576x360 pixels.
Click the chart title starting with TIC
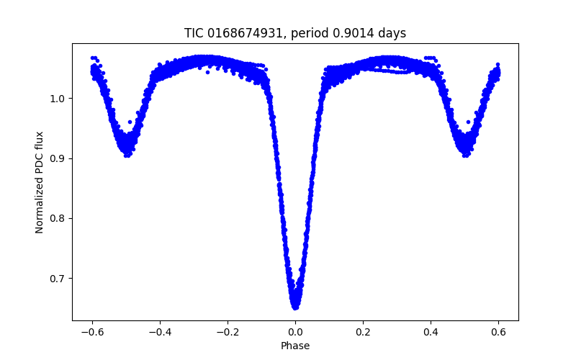(x=295, y=33)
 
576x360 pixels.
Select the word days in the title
(x=392, y=33)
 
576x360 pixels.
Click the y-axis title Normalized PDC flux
(x=40, y=182)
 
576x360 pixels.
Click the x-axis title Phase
(x=295, y=346)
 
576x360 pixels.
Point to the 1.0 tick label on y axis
(x=58, y=99)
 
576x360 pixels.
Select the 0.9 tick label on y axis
(x=58, y=158)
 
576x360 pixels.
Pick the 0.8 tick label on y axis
(x=58, y=219)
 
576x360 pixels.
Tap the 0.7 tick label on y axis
(x=58, y=279)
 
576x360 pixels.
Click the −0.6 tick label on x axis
(x=92, y=333)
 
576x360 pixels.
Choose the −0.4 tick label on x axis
(x=160, y=333)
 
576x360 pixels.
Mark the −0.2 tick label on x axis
(x=228, y=333)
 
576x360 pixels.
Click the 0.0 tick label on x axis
(x=295, y=333)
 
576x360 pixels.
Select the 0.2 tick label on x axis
(x=363, y=333)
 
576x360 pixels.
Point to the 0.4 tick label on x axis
(x=431, y=333)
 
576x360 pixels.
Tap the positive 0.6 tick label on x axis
(x=498, y=333)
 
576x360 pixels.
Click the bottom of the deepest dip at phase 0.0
(x=295, y=308)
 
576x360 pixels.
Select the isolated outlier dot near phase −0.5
(x=130, y=122)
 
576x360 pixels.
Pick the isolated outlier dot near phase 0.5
(x=469, y=122)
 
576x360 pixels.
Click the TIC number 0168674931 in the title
(x=245, y=33)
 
